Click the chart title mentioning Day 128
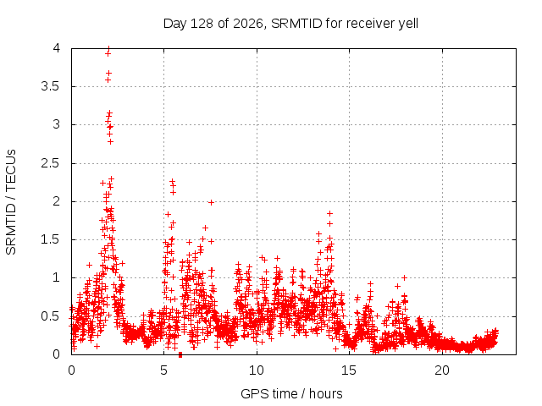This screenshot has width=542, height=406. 290,24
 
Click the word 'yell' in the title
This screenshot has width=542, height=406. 408,24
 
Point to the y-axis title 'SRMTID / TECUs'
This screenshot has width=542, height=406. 11,202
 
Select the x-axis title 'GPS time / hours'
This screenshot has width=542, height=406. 291,393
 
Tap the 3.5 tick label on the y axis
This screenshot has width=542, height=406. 51,86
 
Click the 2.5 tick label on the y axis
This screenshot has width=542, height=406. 51,163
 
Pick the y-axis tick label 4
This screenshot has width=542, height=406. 57,48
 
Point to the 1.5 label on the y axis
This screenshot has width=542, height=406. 51,239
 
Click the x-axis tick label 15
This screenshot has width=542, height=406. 349,370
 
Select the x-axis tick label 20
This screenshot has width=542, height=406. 442,370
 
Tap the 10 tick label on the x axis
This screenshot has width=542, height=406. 257,370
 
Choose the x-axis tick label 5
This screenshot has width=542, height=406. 163,370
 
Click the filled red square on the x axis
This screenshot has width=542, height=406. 180,355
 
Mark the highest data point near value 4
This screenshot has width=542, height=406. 108,49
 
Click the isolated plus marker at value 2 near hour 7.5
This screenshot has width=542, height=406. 211,203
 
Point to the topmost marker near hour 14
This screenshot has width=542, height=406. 329,213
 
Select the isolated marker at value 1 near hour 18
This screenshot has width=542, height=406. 404,277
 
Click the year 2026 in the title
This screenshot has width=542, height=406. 248,24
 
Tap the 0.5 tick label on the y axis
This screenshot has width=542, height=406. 51,315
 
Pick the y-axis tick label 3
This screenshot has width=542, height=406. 57,124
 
